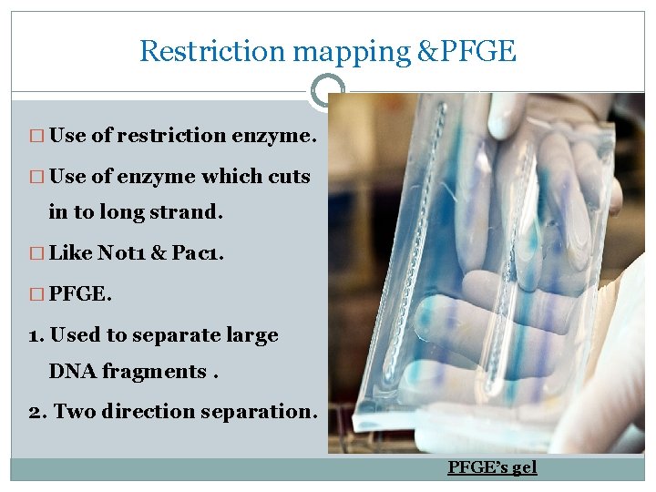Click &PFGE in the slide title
click(465, 51)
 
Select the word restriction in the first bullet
click(159, 136)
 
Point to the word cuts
click(287, 176)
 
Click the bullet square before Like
click(37, 253)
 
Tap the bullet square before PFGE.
click(37, 293)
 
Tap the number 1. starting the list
click(36, 335)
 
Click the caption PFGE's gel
click(492, 467)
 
